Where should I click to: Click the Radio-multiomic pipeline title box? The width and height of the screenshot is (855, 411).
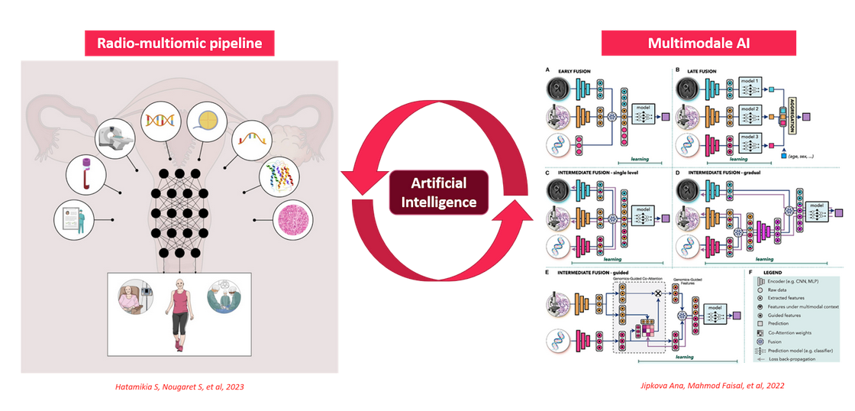[179, 44]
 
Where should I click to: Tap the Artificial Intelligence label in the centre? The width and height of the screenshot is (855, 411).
[440, 192]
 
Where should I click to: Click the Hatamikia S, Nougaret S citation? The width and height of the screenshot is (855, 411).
[180, 387]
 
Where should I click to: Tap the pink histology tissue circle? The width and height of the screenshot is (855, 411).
[294, 222]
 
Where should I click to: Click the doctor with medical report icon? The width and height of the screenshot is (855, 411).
[73, 221]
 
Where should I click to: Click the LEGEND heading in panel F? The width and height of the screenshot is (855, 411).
[773, 272]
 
